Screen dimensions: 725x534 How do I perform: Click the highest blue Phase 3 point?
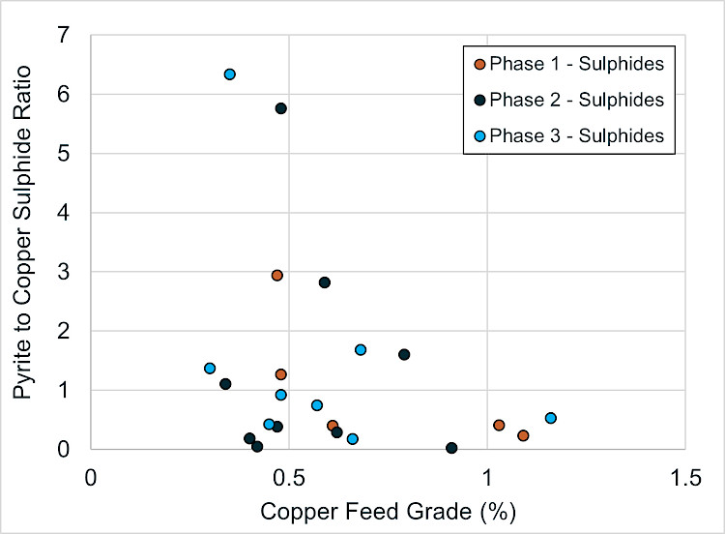pyautogui.click(x=230, y=74)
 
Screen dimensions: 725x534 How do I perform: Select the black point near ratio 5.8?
pyautogui.click(x=280, y=108)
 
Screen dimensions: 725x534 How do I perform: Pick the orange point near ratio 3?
pyautogui.click(x=277, y=276)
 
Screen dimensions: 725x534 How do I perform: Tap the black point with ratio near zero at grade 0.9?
pyautogui.click(x=451, y=448)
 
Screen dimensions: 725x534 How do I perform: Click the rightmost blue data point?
pyautogui.click(x=551, y=418)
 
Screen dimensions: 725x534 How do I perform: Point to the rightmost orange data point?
pyautogui.click(x=523, y=435)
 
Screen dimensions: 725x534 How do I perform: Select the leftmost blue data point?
pyautogui.click(x=210, y=369)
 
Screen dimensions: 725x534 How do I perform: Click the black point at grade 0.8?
pyautogui.click(x=404, y=354)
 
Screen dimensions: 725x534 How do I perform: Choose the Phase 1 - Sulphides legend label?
pyautogui.click(x=576, y=64)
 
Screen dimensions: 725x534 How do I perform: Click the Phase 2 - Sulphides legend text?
pyautogui.click(x=576, y=100)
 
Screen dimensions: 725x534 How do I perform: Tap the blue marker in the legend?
pyautogui.click(x=479, y=136)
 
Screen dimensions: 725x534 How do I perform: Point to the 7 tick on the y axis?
pyautogui.click(x=64, y=35)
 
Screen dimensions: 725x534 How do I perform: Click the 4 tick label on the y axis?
pyautogui.click(x=64, y=213)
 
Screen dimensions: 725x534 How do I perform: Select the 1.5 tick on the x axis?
pyautogui.click(x=684, y=478)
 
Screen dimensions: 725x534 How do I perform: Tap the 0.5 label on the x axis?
pyautogui.click(x=289, y=478)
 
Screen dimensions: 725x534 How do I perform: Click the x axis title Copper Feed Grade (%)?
pyautogui.click(x=388, y=512)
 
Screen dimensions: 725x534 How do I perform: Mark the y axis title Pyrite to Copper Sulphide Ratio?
pyautogui.click(x=21, y=232)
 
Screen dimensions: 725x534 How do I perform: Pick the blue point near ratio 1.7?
pyautogui.click(x=361, y=350)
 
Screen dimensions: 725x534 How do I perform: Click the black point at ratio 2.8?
pyautogui.click(x=325, y=282)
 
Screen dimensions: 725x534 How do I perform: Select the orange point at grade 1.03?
pyautogui.click(x=499, y=425)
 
